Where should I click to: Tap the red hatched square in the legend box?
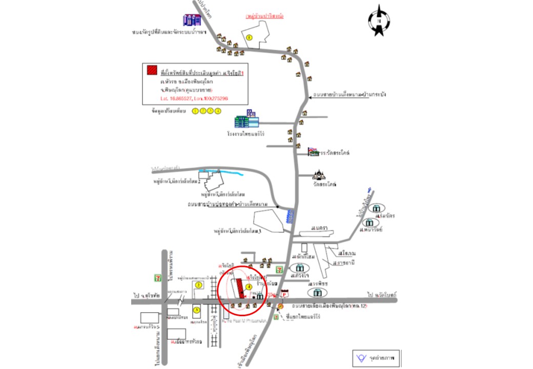151,70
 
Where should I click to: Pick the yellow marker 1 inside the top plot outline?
250,37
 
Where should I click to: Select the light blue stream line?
221,173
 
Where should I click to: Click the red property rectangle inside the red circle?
240,289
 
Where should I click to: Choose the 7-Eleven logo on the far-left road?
157,277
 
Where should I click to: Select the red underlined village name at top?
265,16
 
